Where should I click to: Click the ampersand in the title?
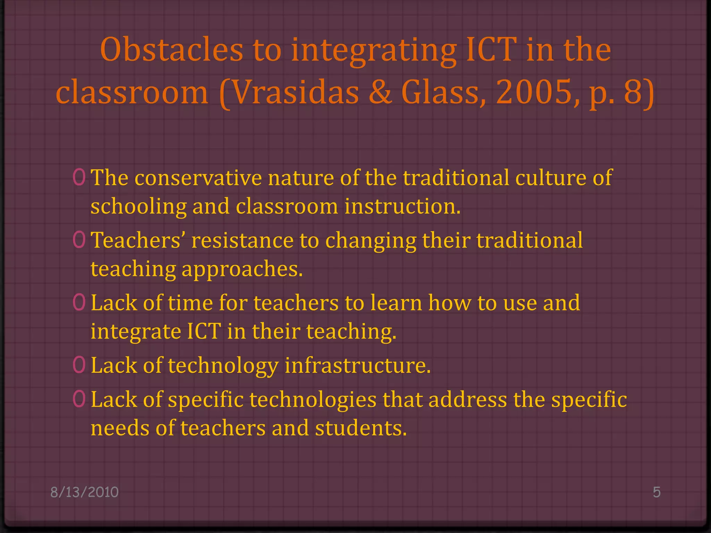tap(380, 92)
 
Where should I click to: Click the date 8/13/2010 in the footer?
tap(84, 492)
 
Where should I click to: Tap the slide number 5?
tap(656, 492)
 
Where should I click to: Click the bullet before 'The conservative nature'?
tap(79, 177)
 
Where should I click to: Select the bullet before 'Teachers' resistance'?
tap(79, 240)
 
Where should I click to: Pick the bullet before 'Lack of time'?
tap(79, 302)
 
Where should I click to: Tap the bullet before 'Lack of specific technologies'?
tap(79, 399)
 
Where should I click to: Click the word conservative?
tap(198, 178)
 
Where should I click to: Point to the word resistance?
tap(242, 240)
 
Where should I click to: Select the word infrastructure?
tap(358, 366)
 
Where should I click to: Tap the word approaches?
tap(242, 270)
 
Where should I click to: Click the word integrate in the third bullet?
tap(136, 332)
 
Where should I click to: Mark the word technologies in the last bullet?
tap(313, 400)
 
